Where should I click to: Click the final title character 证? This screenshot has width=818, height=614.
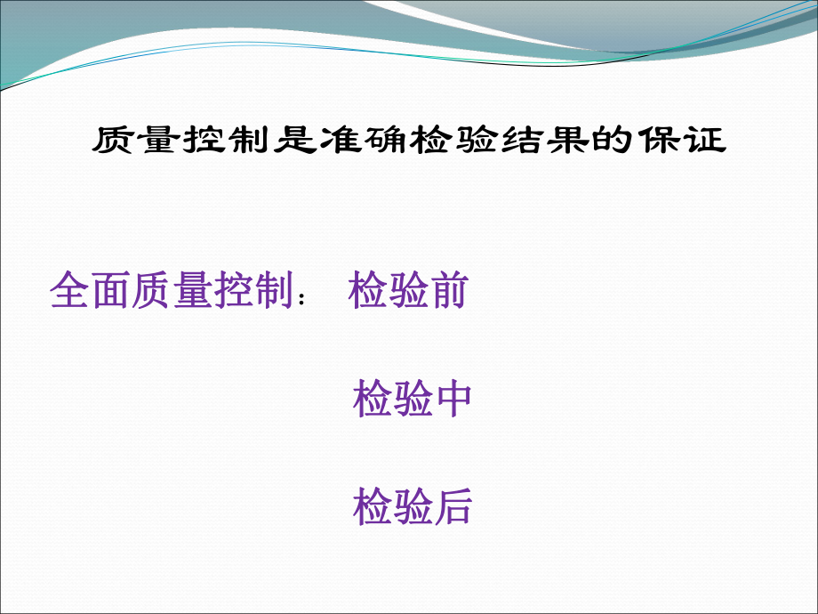click(708, 141)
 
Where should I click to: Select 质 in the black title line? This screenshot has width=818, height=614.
click(114, 141)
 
